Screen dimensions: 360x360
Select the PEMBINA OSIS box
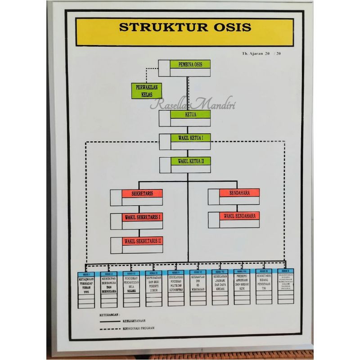[190, 64]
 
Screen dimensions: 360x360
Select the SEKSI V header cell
[175, 272]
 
